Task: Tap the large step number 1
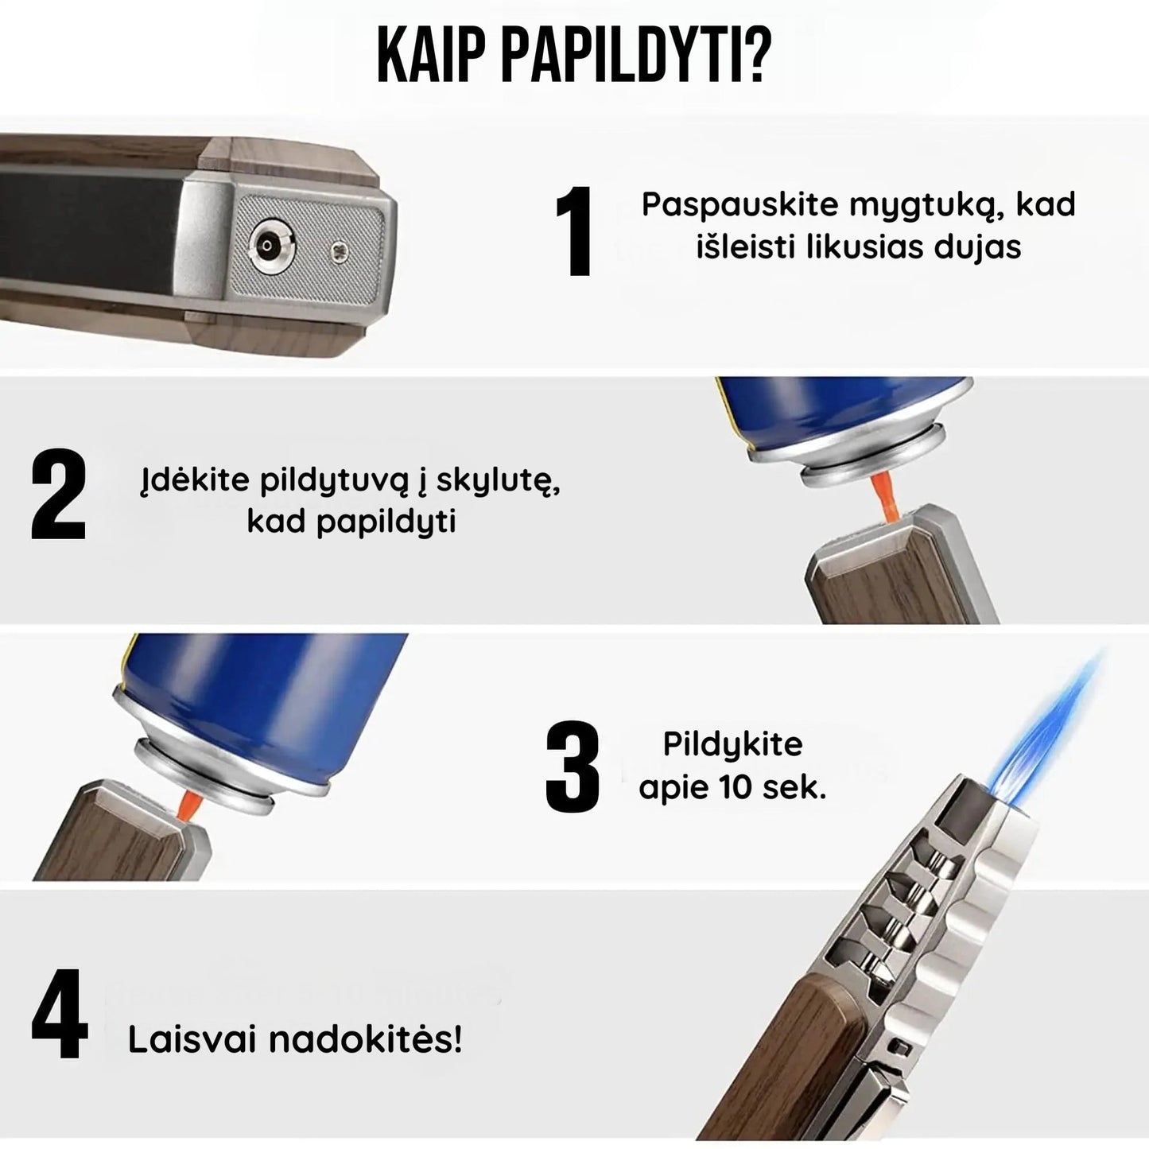click(573, 231)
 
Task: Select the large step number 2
click(58, 495)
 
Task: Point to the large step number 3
click(572, 767)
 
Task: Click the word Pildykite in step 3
click(733, 745)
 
